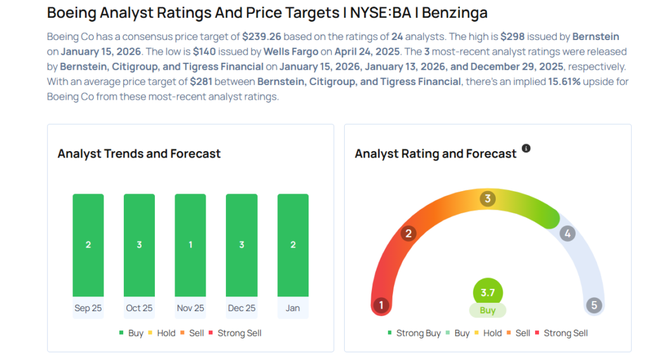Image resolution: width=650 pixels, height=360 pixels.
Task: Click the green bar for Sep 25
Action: click(88, 244)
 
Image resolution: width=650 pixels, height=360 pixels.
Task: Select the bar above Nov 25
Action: click(190, 244)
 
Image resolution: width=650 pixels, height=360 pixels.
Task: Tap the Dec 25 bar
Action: click(242, 244)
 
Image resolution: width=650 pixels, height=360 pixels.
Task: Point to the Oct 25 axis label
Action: click(139, 308)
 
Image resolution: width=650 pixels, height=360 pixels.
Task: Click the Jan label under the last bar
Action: click(293, 308)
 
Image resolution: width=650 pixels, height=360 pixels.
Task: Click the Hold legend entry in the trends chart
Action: click(164, 333)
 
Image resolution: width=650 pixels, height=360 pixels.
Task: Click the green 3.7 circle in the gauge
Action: click(487, 293)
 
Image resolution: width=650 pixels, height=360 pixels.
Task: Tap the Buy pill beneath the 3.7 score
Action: click(487, 310)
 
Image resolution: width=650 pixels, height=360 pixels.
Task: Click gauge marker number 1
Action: click(381, 305)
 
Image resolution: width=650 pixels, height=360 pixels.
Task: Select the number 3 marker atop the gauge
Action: click(487, 199)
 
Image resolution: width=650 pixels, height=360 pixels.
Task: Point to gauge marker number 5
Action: click(594, 305)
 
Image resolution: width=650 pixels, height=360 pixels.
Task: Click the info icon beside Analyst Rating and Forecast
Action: click(526, 149)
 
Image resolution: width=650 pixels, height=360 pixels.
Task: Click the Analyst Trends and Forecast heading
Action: click(139, 154)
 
